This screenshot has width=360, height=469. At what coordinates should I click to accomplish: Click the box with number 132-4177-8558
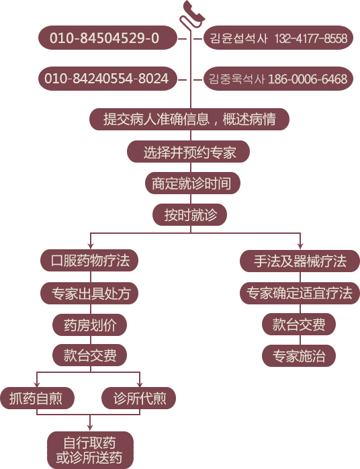pos(278,38)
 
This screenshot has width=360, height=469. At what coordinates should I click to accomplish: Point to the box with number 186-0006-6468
pos(278,79)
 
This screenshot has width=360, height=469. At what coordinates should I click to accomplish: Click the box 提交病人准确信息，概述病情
pos(189,119)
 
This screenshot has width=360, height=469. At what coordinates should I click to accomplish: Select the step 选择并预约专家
pos(188,152)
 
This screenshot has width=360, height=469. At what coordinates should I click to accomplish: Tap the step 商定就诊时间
pos(193,183)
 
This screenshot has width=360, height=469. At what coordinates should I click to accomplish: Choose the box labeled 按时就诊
pos(190,215)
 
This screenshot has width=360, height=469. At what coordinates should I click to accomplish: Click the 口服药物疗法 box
pos(89,261)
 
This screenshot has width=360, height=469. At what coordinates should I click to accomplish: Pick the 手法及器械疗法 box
pos(300,261)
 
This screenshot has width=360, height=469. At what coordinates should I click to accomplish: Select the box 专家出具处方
pos(89,294)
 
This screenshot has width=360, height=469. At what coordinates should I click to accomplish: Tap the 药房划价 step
pos(90,325)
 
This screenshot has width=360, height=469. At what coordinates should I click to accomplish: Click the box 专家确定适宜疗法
pos(300,293)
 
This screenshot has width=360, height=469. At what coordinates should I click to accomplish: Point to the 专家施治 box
pos(299,356)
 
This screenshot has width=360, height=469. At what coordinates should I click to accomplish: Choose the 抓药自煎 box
pos(37,398)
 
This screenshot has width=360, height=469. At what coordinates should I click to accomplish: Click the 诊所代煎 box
pos(139,398)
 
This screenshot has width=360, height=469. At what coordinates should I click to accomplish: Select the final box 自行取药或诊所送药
pos(90,450)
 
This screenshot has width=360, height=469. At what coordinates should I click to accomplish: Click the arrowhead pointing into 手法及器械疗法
pos(300,246)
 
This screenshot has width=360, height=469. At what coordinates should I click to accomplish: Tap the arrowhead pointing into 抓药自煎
pos(37,384)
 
